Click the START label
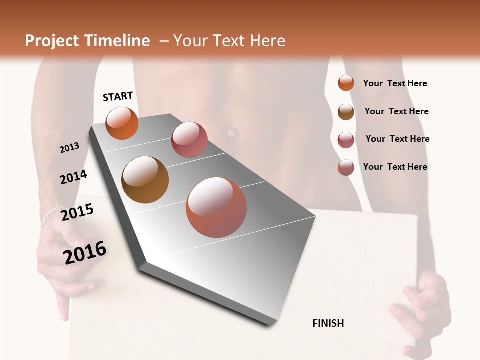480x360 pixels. [118, 96]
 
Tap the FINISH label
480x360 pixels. [328, 323]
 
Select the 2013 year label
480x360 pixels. [69, 148]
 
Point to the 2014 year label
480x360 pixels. [73, 177]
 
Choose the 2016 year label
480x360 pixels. [85, 253]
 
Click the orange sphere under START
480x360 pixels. [122, 123]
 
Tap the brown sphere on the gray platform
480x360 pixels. [145, 180]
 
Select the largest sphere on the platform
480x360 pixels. [216, 207]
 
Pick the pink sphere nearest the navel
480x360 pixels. [189, 139]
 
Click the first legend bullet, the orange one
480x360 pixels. [346, 83]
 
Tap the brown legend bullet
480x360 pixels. [346, 112]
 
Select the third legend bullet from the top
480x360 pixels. [346, 140]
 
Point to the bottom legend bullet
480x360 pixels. [346, 167]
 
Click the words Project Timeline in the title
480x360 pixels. [87, 41]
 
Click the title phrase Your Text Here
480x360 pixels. [229, 41]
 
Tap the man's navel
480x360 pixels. [232, 133]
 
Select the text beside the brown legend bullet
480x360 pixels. [396, 111]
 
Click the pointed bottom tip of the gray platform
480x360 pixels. [270, 325]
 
